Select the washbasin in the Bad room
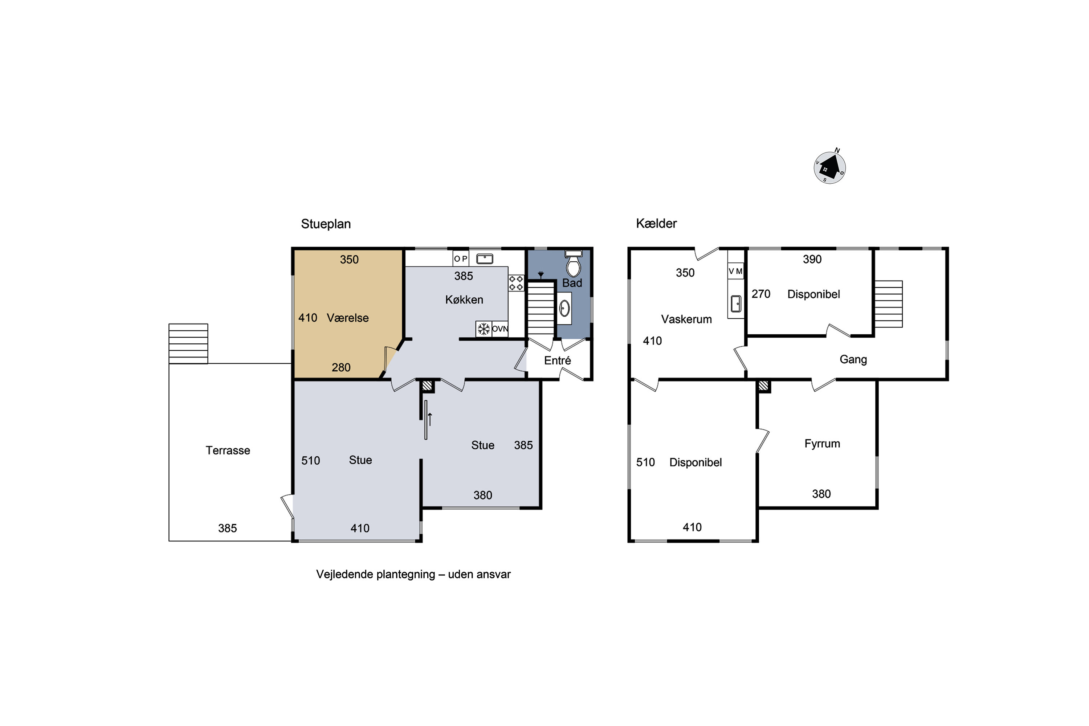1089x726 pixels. (564, 308)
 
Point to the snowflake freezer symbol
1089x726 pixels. (484, 329)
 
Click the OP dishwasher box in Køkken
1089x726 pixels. (461, 259)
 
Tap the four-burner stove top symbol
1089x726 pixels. (516, 283)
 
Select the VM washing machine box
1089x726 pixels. (735, 271)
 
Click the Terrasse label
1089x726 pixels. (228, 450)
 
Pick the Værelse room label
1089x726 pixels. (348, 318)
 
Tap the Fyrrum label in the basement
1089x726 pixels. (822, 444)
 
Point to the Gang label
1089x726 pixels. (853, 360)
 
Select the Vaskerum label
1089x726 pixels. (686, 319)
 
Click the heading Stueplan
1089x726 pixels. (326, 224)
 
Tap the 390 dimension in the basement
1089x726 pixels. (812, 259)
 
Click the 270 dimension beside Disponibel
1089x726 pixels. (761, 294)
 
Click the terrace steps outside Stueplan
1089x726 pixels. (188, 343)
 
